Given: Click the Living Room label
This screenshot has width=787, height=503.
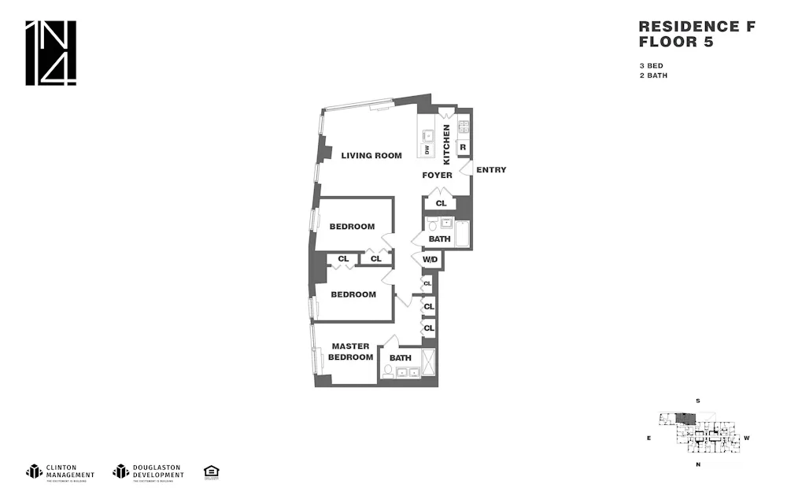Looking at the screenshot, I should tap(371, 155).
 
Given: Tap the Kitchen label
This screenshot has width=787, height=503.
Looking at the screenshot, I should tap(447, 144).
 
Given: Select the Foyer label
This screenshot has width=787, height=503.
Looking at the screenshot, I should tap(437, 175).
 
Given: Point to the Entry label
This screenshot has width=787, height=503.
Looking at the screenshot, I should tap(491, 170).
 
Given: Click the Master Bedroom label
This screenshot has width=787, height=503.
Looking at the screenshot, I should tap(351, 351).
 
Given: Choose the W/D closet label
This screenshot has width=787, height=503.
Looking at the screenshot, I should tap(430, 259).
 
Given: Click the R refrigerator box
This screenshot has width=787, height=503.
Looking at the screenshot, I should tap(463, 147).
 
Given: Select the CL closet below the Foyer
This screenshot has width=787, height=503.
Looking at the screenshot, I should tap(440, 204).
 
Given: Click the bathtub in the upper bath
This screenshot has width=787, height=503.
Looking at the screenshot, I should tap(463, 234).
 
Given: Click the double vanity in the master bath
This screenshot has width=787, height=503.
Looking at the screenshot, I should tap(401, 372).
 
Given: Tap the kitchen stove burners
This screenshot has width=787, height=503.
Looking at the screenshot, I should tap(464, 126).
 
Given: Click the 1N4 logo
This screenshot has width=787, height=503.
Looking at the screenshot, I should tap(51, 53).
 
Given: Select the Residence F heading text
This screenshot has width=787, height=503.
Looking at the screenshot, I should tap(696, 27).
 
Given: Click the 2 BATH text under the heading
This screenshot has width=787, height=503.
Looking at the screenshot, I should tap(653, 76).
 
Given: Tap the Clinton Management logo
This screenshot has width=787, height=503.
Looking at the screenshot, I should tap(61, 472).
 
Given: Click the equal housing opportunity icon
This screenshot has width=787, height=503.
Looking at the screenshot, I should tap(211, 472).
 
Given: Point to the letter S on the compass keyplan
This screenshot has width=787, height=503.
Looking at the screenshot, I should tap(697, 401).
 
